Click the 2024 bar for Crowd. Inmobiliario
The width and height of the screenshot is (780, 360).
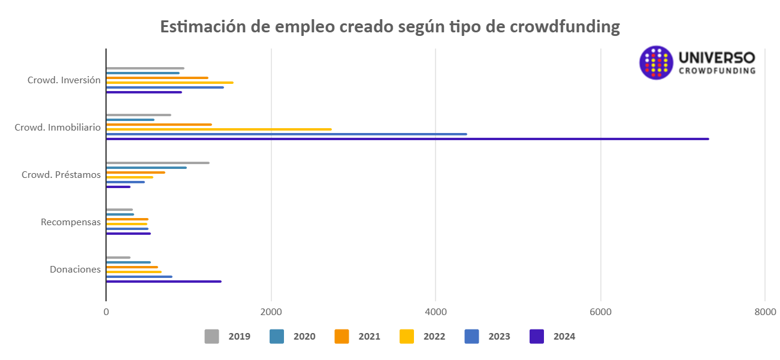[x=407, y=139]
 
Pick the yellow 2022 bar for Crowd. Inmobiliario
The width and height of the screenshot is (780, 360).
[x=219, y=129]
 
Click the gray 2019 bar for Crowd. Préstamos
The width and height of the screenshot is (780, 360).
[x=158, y=163]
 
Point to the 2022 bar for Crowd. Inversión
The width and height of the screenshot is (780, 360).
[x=170, y=83]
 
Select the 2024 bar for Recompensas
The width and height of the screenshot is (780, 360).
[x=128, y=234]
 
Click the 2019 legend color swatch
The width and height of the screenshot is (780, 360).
[x=211, y=337]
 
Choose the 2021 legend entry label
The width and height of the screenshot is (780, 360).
[x=369, y=337]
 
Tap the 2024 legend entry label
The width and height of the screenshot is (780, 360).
[x=564, y=337]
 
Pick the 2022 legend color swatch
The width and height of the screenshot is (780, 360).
[x=407, y=337]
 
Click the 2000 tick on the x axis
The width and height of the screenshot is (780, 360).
[x=271, y=312]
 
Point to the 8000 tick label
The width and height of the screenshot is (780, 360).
[x=764, y=312]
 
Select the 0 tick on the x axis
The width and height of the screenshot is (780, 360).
[x=106, y=312]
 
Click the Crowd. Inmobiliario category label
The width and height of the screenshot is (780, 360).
[x=58, y=128]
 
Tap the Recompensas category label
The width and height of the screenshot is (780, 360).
[x=71, y=222]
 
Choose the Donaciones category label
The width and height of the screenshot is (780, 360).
[x=75, y=270]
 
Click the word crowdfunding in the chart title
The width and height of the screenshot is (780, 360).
[x=564, y=28]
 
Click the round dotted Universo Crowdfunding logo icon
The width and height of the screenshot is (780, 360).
[x=656, y=63]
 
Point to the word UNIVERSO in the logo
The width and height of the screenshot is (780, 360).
[x=716, y=58]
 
